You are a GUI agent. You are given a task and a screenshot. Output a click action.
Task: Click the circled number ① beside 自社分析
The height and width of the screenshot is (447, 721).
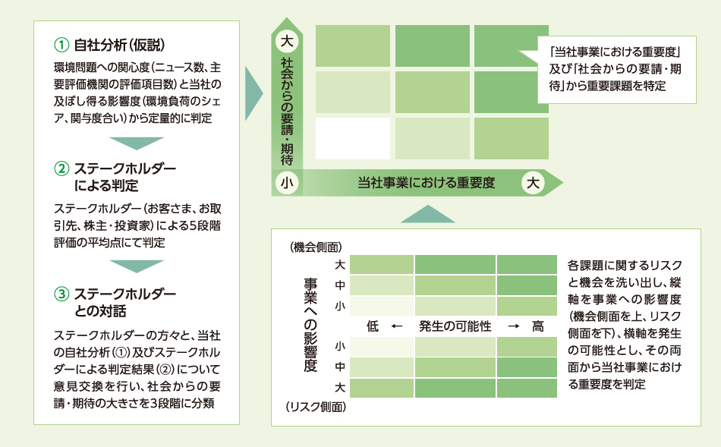[61, 45]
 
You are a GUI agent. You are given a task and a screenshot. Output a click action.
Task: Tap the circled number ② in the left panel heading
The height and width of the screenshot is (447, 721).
[61, 168]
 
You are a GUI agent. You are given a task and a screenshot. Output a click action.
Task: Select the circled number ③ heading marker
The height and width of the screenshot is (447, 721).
[61, 294]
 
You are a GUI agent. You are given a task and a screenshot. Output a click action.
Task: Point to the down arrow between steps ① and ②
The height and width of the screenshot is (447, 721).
[137, 143]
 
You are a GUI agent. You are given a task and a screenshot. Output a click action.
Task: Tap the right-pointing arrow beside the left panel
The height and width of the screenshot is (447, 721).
[253, 93]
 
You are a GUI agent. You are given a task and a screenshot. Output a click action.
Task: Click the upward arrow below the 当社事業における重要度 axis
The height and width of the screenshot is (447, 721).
[427, 214]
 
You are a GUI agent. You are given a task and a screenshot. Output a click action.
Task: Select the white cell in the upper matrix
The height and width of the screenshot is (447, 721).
[353, 138]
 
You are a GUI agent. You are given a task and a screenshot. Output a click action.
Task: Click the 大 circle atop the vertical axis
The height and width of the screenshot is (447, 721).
[287, 41]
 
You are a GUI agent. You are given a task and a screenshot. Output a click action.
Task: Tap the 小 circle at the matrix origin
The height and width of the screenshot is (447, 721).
[287, 183]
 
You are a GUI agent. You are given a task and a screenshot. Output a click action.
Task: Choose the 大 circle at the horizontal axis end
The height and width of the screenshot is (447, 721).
[533, 183]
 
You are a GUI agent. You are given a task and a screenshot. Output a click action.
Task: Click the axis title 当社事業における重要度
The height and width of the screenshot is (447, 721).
[427, 183]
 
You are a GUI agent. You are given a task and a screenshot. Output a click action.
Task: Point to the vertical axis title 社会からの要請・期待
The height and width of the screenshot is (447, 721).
[287, 111]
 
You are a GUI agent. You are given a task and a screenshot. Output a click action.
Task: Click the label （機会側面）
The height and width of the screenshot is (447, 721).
[316, 247]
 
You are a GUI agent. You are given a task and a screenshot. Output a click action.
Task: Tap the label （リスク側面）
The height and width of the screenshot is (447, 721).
[316, 407]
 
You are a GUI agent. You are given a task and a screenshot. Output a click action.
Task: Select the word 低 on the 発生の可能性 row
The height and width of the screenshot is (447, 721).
[373, 326]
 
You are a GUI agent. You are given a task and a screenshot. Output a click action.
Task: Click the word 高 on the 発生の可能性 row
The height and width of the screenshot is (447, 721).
[538, 326]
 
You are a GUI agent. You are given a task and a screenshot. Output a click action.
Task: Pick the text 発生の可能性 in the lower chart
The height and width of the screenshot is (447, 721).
[455, 326]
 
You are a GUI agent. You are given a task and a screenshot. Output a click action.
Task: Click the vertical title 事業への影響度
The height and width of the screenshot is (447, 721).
[310, 325]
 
